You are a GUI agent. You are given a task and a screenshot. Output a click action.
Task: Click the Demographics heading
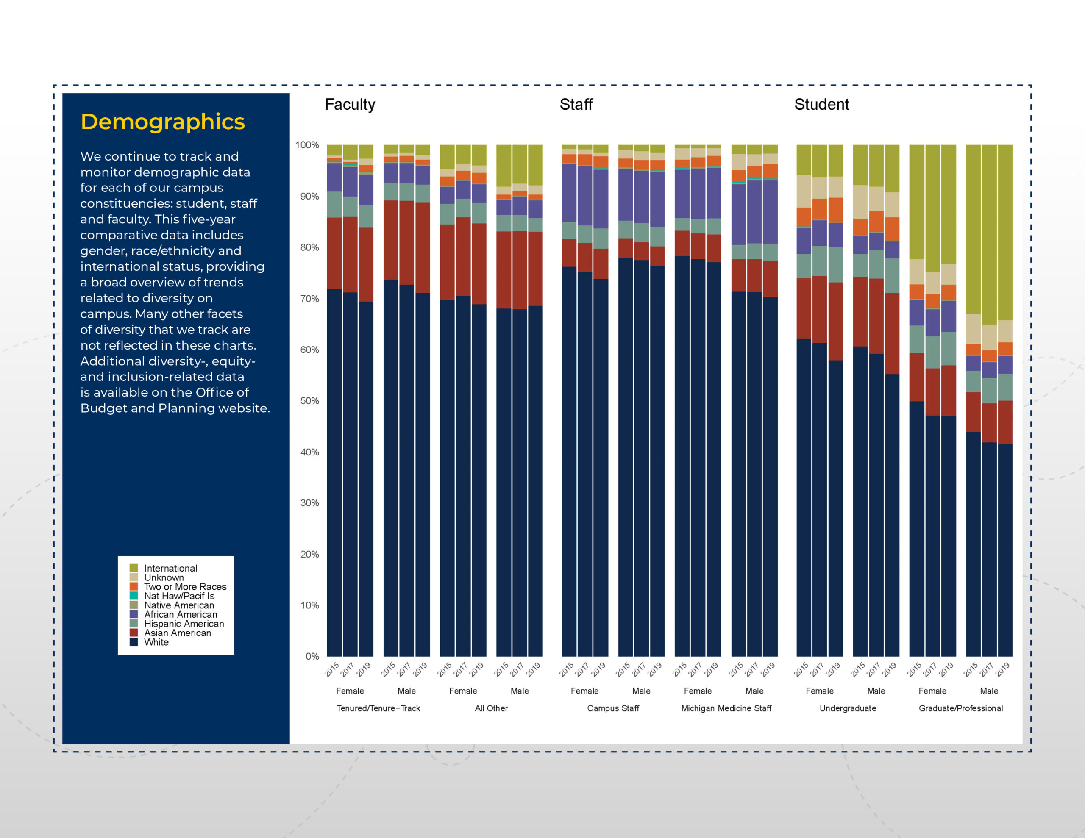point(162,122)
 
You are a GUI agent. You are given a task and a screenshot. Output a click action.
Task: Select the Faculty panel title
point(350,104)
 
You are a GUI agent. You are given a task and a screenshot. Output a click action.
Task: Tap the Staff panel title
point(576,104)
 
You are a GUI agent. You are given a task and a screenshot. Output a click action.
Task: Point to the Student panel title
point(821,104)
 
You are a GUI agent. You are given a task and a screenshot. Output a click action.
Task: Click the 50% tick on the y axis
point(309,401)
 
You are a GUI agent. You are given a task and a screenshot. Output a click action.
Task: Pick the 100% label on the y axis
point(307,145)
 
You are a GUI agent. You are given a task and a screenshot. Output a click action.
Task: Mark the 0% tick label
point(312,656)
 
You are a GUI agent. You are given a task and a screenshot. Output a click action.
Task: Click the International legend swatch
point(134,568)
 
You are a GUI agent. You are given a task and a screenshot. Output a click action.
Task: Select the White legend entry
point(149,642)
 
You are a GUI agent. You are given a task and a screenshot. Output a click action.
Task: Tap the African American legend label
point(180,614)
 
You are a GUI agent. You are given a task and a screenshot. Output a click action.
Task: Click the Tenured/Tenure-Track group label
point(378,708)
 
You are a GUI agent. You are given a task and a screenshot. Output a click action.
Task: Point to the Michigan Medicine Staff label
point(726,708)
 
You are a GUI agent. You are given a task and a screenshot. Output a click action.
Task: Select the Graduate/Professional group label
point(960,708)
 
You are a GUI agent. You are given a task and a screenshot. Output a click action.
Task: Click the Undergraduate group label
point(848,708)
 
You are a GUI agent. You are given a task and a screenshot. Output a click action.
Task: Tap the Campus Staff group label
point(613,708)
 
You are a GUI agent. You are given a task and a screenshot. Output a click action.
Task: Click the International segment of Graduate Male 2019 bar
point(1004,233)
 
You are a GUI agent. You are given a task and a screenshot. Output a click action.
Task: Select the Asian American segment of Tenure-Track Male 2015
point(390,240)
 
